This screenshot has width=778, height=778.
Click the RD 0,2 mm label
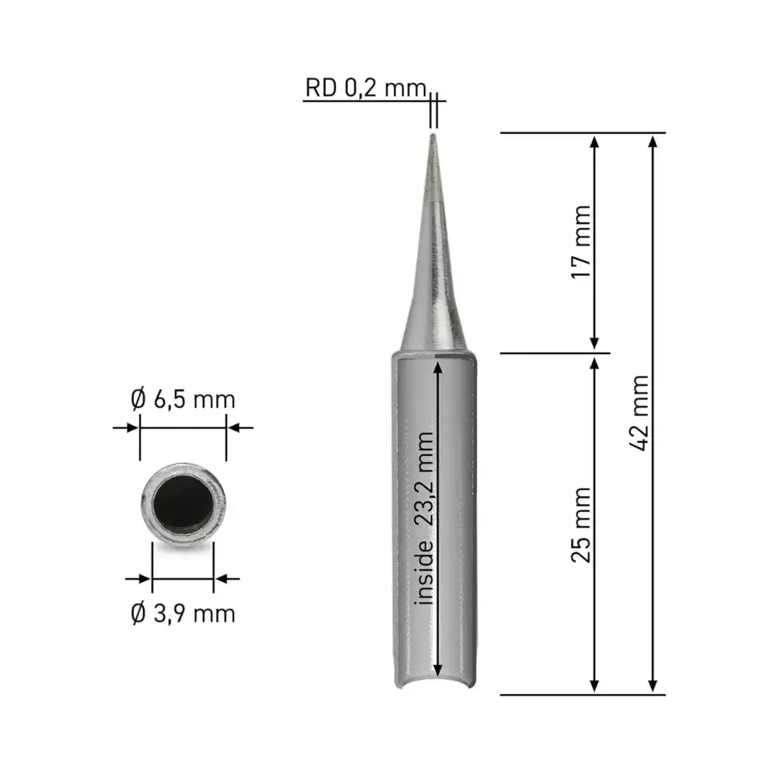[x=366, y=88]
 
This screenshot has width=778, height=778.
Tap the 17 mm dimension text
[x=581, y=242]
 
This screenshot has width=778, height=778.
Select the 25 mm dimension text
[x=581, y=525]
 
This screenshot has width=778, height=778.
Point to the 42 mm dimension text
[x=639, y=413]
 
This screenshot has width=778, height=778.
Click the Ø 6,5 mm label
[x=183, y=399]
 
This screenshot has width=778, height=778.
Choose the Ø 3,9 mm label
[x=183, y=614]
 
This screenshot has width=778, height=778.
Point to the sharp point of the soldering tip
[x=433, y=135]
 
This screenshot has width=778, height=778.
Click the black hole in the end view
[x=183, y=504]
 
